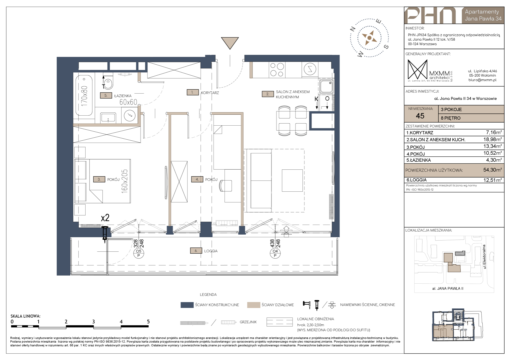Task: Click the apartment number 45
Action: click(x=420, y=116)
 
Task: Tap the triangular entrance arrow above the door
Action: click(x=230, y=43)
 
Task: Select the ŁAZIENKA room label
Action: click(x=123, y=96)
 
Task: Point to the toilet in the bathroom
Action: click(x=109, y=83)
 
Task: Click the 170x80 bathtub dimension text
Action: click(x=84, y=97)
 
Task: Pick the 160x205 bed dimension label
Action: click(x=125, y=181)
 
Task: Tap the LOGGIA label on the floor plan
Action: click(x=211, y=251)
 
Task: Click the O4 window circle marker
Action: click(x=275, y=253)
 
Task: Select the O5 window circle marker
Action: click(x=138, y=253)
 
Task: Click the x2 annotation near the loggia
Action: click(x=105, y=218)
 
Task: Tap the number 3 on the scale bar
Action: click(x=93, y=322)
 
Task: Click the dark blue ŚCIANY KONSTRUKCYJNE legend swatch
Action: click(x=187, y=305)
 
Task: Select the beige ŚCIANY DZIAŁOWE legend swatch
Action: click(x=254, y=305)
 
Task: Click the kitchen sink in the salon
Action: click(x=326, y=86)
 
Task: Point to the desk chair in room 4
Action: click(x=226, y=186)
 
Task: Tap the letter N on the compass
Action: click(x=353, y=29)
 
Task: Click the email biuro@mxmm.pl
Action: click(x=482, y=80)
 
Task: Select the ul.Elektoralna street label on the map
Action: click(x=484, y=257)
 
